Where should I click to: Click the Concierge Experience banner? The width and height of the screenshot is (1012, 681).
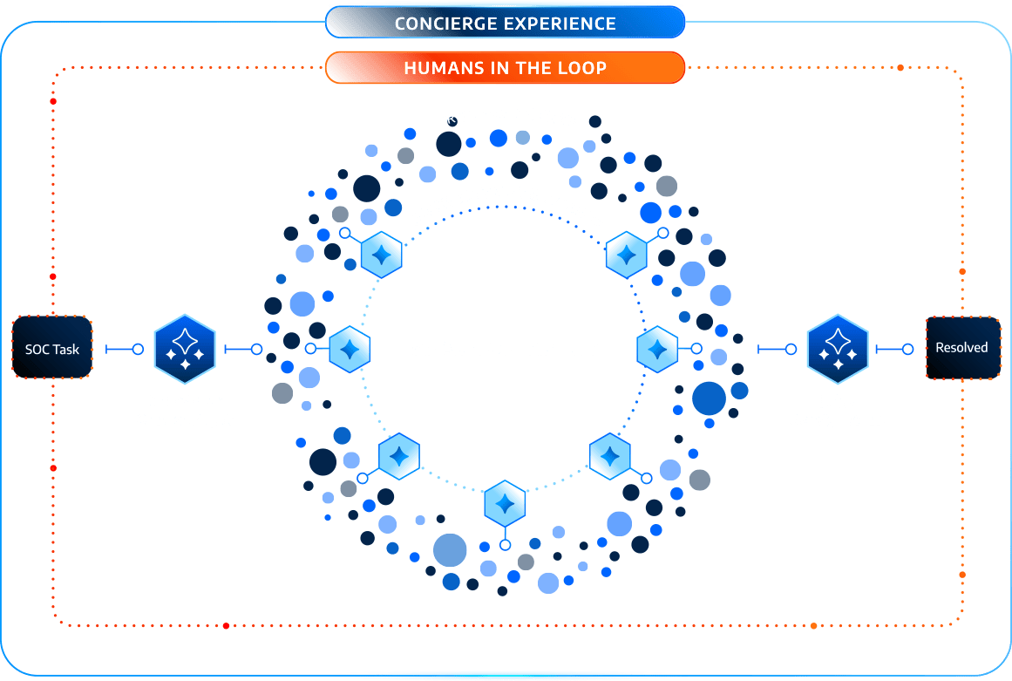(x=505, y=23)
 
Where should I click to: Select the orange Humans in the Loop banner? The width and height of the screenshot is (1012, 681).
(x=505, y=67)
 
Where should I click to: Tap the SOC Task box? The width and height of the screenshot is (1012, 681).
(x=52, y=349)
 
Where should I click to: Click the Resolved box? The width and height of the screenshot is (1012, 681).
(x=961, y=347)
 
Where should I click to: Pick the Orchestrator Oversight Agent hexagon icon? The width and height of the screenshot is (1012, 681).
(x=185, y=349)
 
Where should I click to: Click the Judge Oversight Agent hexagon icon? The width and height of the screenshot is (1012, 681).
(x=838, y=349)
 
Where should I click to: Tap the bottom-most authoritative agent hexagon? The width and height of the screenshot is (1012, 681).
(x=505, y=503)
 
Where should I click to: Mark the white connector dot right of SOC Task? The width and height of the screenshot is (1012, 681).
(x=138, y=349)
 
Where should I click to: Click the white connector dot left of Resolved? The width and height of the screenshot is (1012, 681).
(x=907, y=349)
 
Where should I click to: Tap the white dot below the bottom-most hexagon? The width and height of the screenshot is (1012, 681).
(x=505, y=545)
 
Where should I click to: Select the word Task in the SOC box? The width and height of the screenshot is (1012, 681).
(x=66, y=349)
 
